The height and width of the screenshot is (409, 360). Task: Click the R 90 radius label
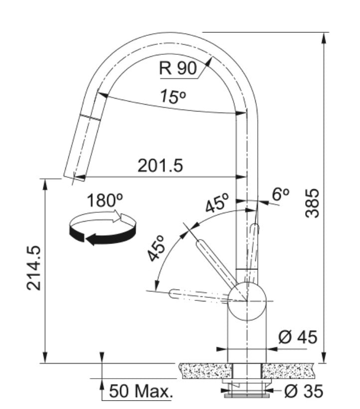(x=178, y=68)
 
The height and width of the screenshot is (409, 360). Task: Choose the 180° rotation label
(x=105, y=201)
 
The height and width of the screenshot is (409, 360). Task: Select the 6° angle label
(x=281, y=195)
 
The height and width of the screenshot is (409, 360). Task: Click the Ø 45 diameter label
(x=298, y=337)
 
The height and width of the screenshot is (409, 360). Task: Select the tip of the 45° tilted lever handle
(x=199, y=244)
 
